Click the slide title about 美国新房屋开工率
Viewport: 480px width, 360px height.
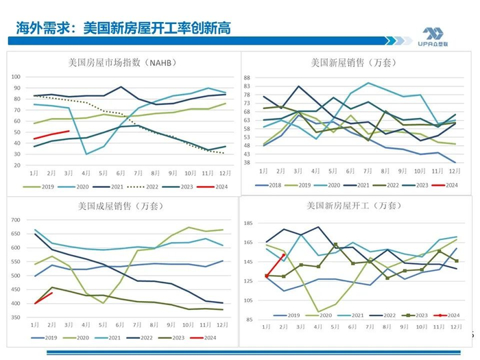point(123,28)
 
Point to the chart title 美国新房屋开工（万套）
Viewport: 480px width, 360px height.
point(353,206)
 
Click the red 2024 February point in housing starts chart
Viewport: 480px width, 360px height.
point(284,255)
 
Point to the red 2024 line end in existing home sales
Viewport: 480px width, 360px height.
point(52,293)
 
